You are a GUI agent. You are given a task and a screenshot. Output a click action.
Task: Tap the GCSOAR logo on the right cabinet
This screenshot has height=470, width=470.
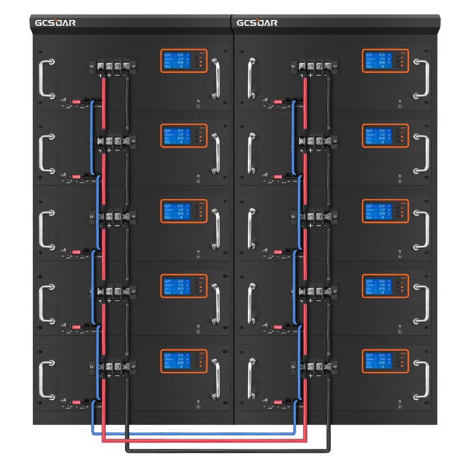click(x=256, y=23)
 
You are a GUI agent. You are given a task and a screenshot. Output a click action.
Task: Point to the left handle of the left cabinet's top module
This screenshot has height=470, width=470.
click(x=46, y=78)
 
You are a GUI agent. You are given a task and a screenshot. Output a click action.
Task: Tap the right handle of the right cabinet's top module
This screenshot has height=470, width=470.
click(x=422, y=78)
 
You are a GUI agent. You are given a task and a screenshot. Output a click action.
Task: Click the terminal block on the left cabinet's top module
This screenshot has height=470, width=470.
click(x=113, y=67)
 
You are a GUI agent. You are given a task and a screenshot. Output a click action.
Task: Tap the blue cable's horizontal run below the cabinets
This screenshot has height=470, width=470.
click(x=194, y=434)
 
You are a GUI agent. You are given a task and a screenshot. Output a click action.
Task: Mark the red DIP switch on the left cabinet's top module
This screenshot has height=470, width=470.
click(x=76, y=101)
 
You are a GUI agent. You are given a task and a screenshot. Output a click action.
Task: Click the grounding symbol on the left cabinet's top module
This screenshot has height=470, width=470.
click(x=199, y=106)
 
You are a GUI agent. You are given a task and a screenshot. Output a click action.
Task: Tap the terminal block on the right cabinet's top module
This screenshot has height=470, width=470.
click(x=314, y=67)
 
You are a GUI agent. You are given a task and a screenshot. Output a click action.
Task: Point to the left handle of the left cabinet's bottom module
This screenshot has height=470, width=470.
click(x=46, y=378)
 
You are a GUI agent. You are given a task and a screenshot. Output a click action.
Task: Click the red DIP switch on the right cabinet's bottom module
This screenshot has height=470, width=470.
click(x=277, y=401)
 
